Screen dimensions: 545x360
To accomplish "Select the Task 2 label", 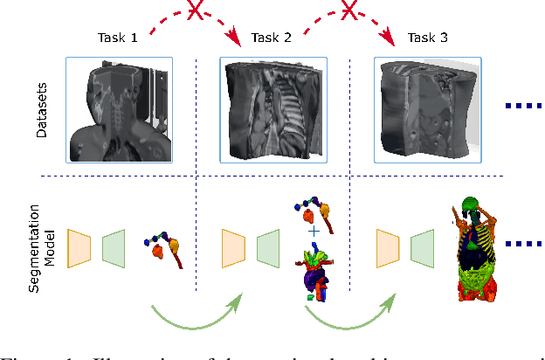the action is click(272, 38).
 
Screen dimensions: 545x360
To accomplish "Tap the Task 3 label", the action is click(427, 38).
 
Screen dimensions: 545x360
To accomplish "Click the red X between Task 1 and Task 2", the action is click(197, 10).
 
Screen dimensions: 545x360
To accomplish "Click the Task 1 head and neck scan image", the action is click(119, 110).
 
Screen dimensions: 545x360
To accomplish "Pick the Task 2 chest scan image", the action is click(273, 110).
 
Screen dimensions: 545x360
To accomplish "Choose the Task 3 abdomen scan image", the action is click(428, 110).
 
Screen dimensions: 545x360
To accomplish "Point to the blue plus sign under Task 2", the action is click(313, 232).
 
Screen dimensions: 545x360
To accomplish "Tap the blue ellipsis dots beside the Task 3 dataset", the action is click(524, 107).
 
